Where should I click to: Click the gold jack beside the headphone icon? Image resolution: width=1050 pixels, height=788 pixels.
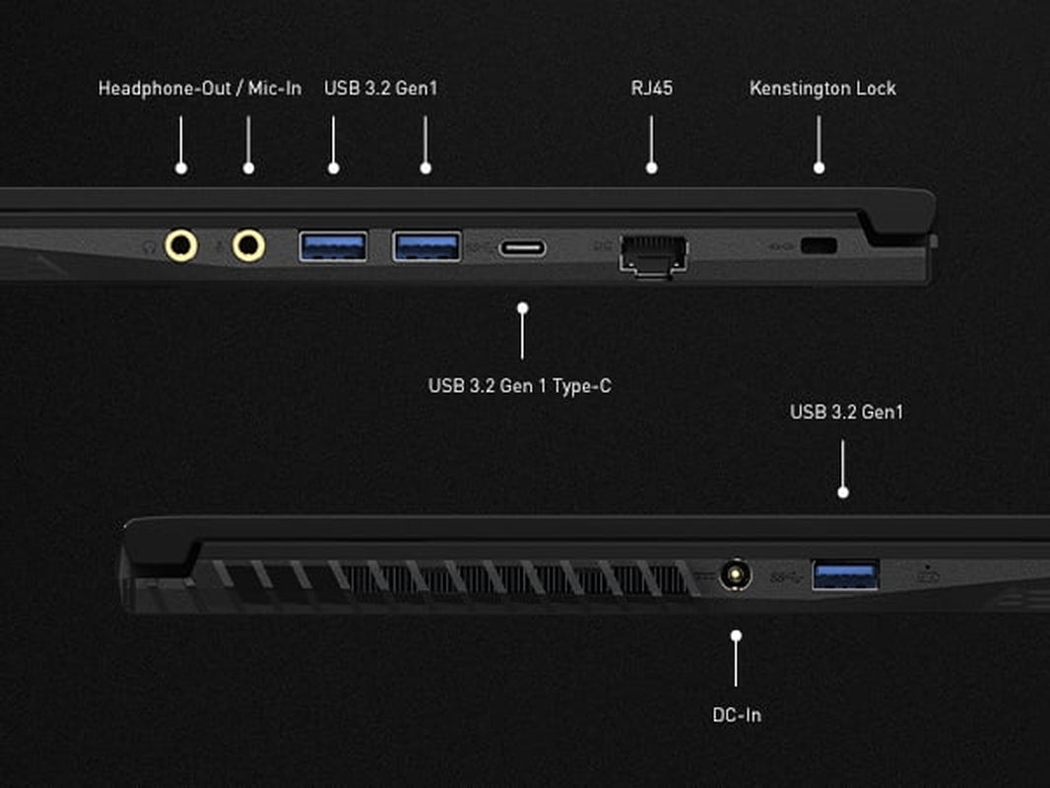click(x=181, y=245)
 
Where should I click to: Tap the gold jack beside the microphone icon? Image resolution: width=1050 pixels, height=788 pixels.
click(x=248, y=245)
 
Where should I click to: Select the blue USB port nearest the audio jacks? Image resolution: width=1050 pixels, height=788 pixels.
click(x=333, y=245)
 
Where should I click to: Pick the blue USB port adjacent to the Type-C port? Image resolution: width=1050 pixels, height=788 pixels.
click(x=427, y=245)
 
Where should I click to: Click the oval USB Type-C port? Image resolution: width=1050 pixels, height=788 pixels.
click(x=523, y=248)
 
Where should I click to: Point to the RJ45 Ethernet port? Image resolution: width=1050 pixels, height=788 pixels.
click(x=654, y=255)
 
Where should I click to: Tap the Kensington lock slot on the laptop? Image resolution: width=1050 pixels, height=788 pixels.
click(x=819, y=245)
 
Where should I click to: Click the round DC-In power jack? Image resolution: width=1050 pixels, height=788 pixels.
click(x=736, y=574)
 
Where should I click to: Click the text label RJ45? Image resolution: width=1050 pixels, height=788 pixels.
click(x=651, y=89)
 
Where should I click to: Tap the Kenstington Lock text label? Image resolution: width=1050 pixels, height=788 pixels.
click(x=822, y=89)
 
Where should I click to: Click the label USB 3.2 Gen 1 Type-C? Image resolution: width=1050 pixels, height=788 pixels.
click(x=520, y=386)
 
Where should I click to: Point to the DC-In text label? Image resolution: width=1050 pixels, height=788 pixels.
click(x=737, y=715)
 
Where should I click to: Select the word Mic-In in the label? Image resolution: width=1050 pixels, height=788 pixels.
click(x=275, y=89)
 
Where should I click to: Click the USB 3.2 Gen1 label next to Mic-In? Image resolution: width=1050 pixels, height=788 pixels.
click(x=380, y=89)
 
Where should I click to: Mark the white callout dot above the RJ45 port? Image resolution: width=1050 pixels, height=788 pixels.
click(x=651, y=168)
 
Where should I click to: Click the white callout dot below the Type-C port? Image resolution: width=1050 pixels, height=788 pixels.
click(x=522, y=308)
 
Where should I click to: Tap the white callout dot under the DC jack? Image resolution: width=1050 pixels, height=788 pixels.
click(x=736, y=634)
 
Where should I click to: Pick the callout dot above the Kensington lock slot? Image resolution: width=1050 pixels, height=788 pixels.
click(x=819, y=168)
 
